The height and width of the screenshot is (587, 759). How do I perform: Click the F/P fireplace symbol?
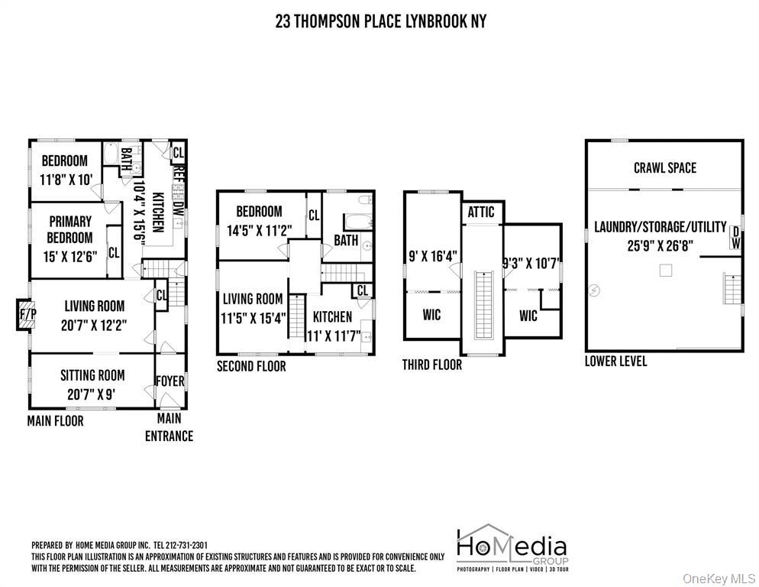click(x=27, y=315)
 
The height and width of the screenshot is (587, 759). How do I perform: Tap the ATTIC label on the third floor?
click(x=480, y=212)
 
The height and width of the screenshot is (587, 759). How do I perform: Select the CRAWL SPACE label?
click(x=664, y=167)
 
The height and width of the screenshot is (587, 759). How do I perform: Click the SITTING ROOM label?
click(x=92, y=375)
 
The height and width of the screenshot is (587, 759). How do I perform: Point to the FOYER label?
click(x=170, y=381)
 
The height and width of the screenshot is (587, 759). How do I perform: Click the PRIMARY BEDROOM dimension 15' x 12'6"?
click(x=70, y=256)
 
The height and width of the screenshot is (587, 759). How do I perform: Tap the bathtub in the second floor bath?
click(x=358, y=222)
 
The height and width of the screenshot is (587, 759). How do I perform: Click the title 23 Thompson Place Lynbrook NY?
click(x=380, y=21)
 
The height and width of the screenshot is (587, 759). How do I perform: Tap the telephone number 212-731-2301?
click(x=187, y=545)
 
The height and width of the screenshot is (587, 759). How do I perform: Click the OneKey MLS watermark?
click(x=719, y=579)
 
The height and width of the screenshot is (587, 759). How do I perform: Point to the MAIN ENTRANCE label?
click(x=169, y=427)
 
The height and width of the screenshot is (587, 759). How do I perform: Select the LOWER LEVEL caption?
click(x=615, y=361)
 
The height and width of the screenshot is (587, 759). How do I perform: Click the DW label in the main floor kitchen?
click(x=178, y=209)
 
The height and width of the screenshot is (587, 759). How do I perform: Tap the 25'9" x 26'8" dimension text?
click(x=660, y=245)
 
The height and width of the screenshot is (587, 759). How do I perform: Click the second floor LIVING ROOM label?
click(x=253, y=299)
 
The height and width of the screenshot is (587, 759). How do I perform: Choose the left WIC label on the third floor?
click(x=431, y=315)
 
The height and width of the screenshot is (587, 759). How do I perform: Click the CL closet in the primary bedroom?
click(x=114, y=252)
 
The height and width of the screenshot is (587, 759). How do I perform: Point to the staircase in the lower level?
click(x=732, y=290)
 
